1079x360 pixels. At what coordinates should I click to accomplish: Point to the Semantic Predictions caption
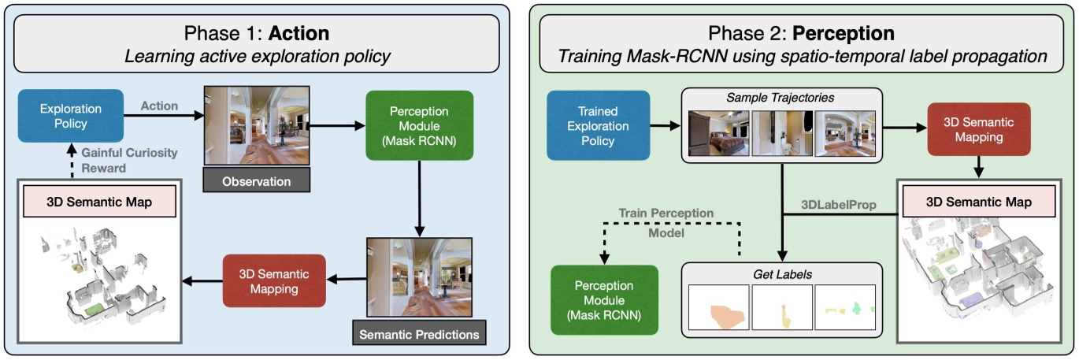(x=418, y=334)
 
